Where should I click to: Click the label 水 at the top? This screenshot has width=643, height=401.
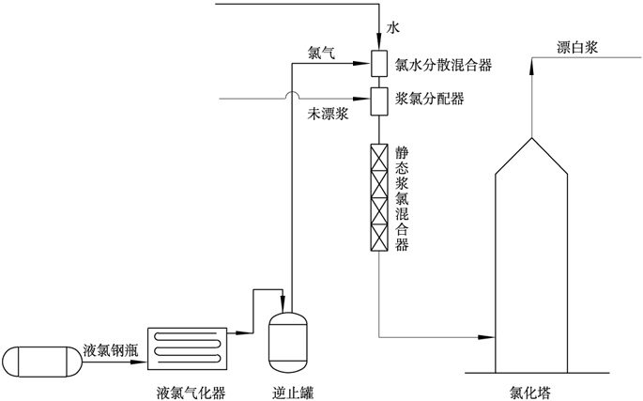click(x=393, y=30)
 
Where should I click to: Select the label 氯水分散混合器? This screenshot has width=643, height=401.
click(x=444, y=66)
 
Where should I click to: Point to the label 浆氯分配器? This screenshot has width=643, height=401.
click(x=430, y=98)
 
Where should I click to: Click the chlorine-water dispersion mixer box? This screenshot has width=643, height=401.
click(x=380, y=64)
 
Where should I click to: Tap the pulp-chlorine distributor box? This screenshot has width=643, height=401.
click(x=380, y=98)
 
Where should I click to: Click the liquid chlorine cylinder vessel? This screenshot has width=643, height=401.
click(x=40, y=362)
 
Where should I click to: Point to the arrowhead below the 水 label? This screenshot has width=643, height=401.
click(x=380, y=43)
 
